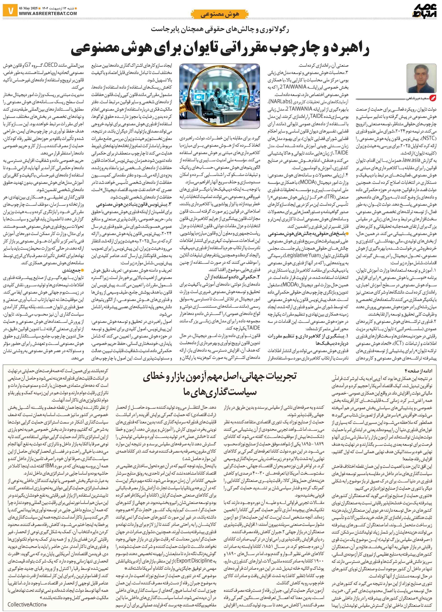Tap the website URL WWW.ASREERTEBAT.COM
tap(48, 13)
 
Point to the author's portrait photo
tap(421, 78)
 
